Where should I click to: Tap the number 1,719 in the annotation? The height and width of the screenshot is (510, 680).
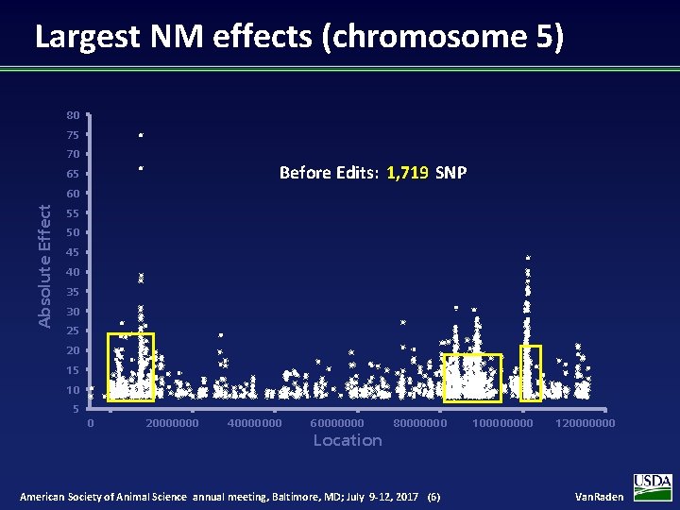pyautogui.click(x=407, y=173)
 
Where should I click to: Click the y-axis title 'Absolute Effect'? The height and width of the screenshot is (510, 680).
pyautogui.click(x=44, y=266)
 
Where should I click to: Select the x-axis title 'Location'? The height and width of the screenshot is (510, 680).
pyautogui.click(x=348, y=440)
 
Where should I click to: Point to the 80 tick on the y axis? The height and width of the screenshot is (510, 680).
pyautogui.click(x=73, y=115)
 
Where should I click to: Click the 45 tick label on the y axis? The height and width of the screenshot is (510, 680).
pyautogui.click(x=73, y=252)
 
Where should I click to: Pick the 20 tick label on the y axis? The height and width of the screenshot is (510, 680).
pyautogui.click(x=73, y=350)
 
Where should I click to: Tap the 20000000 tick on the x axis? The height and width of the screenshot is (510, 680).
pyautogui.click(x=172, y=423)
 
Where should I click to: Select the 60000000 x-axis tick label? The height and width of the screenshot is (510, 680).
pyautogui.click(x=336, y=423)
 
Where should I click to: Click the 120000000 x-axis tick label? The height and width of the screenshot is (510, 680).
pyautogui.click(x=586, y=423)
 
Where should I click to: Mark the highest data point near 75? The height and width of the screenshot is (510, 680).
pyautogui.click(x=140, y=136)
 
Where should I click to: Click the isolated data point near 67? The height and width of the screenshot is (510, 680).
pyautogui.click(x=140, y=168)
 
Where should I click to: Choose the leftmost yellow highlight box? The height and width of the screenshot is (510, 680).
pyautogui.click(x=130, y=367)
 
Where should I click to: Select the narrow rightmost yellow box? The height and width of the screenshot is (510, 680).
pyautogui.click(x=531, y=372)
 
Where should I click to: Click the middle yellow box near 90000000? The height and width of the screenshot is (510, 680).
pyautogui.click(x=472, y=378)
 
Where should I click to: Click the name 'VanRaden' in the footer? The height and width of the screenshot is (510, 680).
pyautogui.click(x=600, y=497)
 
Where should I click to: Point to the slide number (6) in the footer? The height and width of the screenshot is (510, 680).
pyautogui.click(x=433, y=497)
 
